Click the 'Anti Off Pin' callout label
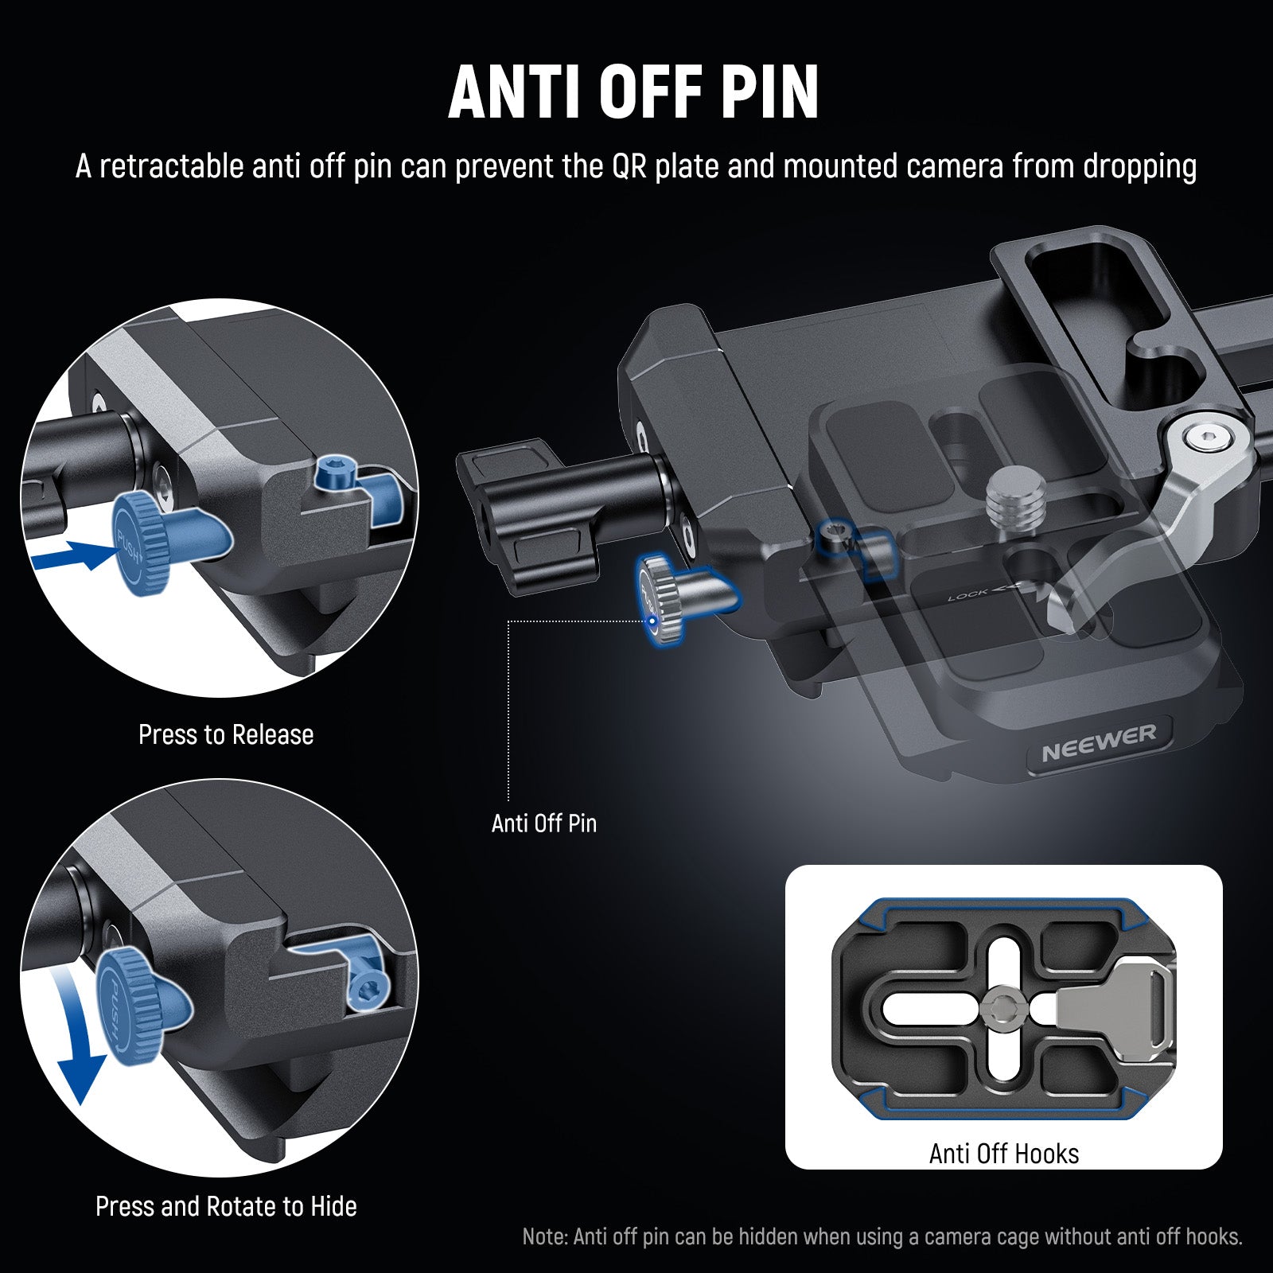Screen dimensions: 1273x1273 point(543,823)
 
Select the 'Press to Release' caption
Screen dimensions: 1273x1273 point(226,734)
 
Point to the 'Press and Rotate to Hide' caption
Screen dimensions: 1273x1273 point(226,1206)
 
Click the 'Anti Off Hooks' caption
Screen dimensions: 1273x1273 point(1003,1154)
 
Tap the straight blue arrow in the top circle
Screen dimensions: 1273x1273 point(76,555)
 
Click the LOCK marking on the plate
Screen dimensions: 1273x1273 point(967,594)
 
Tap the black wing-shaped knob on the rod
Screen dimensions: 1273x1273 point(525,517)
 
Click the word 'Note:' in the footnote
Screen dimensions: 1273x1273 point(545,1237)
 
